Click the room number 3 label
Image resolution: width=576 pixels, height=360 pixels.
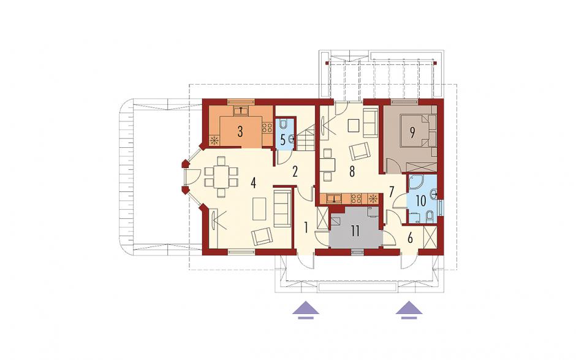[x=240, y=131]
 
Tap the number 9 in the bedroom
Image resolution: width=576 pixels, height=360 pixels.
[x=412, y=132]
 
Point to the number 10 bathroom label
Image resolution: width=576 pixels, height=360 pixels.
[x=421, y=201]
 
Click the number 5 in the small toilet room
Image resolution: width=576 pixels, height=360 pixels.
[x=282, y=140]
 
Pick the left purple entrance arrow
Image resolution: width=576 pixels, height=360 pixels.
[x=306, y=309]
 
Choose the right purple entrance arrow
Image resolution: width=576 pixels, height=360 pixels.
[x=409, y=309]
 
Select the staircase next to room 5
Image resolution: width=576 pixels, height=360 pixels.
[x=306, y=138]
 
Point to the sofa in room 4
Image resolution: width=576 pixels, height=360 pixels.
[x=282, y=209]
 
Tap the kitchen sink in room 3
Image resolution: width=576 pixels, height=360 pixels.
[x=241, y=110]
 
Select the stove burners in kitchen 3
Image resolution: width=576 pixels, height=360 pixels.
[x=267, y=128]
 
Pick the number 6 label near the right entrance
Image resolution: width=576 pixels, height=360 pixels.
[x=410, y=238]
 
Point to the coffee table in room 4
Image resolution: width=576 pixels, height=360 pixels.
[x=259, y=209]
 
